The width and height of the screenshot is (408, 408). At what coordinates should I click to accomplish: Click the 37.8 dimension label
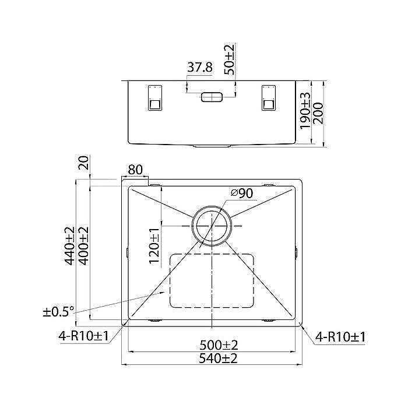point(200,68)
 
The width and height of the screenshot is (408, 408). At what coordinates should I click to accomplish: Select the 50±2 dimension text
point(230,59)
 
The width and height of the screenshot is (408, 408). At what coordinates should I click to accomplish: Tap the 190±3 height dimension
point(305,111)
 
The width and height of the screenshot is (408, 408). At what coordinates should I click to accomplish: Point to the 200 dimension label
point(318,113)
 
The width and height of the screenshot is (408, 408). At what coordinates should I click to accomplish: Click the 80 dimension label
point(136,170)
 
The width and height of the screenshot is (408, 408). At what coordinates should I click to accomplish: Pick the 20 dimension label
point(84,163)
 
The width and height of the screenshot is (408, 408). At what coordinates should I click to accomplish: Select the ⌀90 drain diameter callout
point(242,194)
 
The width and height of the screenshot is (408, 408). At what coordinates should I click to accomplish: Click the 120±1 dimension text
point(154,246)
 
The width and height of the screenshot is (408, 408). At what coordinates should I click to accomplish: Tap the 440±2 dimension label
point(70,246)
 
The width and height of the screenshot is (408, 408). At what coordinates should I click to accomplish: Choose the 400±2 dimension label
point(84,246)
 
